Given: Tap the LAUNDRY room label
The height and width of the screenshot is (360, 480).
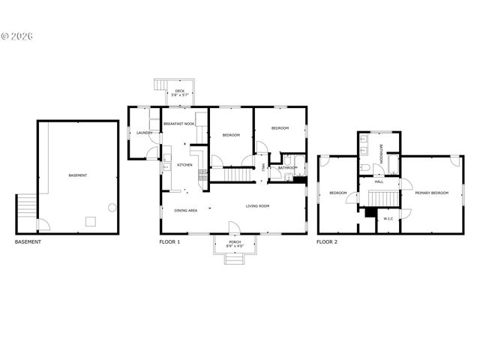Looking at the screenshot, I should pyautogui.click(x=144, y=133).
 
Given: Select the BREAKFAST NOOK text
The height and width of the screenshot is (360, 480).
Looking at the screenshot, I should pyautogui.click(x=179, y=123).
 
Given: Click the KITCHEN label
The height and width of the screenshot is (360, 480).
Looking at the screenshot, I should pyautogui.click(x=184, y=165).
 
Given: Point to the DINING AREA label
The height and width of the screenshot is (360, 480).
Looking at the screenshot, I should pyautogui.click(x=186, y=211).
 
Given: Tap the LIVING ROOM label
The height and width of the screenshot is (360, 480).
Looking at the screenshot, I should pyautogui.click(x=257, y=205).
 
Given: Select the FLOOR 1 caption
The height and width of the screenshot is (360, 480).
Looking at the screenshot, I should pyautogui.click(x=169, y=242).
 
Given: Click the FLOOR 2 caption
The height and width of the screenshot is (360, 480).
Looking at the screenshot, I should pyautogui.click(x=327, y=242).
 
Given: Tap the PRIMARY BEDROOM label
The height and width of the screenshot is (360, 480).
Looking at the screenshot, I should pyautogui.click(x=431, y=193).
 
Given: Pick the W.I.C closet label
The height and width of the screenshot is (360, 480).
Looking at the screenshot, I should pyautogui.click(x=388, y=219).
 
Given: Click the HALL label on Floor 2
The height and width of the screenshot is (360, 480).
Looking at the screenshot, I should pyautogui.click(x=379, y=181).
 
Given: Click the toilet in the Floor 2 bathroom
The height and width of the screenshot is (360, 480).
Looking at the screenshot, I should pyautogui.click(x=362, y=169).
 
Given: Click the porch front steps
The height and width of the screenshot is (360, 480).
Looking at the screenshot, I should pyautogui.click(x=234, y=259).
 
